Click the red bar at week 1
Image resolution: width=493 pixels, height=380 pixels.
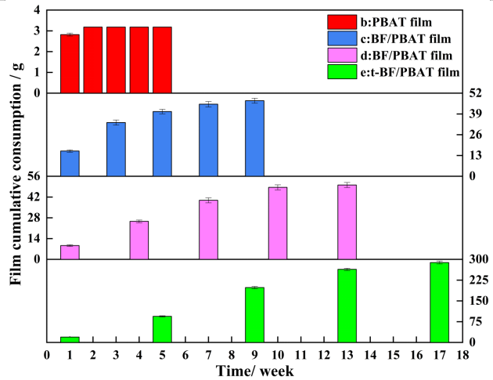pyautogui.click(x=70, y=63)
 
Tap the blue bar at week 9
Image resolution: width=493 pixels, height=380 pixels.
pyautogui.click(x=254, y=138)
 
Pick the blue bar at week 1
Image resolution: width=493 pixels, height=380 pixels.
pyautogui.click(x=70, y=163)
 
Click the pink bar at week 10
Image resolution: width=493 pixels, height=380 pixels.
pyautogui.click(x=278, y=223)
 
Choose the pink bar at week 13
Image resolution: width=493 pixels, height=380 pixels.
pyautogui.click(x=347, y=222)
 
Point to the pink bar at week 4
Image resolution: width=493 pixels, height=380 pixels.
pyautogui.click(x=139, y=240)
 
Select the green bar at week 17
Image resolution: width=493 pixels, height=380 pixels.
pyautogui.click(x=439, y=302)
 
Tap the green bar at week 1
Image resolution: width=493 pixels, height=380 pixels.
pyautogui.click(x=70, y=339)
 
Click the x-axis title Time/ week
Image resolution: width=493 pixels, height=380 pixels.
pyautogui.click(x=255, y=370)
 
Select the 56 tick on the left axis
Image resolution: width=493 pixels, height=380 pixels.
pyautogui.click(x=31, y=176)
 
